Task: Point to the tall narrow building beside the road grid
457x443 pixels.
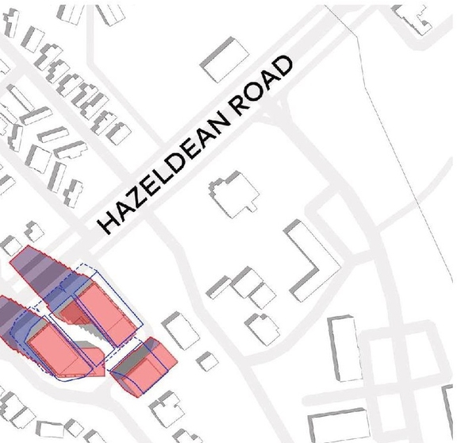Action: point(343,345)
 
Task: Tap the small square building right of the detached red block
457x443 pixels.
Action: point(208,360)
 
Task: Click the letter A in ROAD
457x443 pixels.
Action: point(270,83)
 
